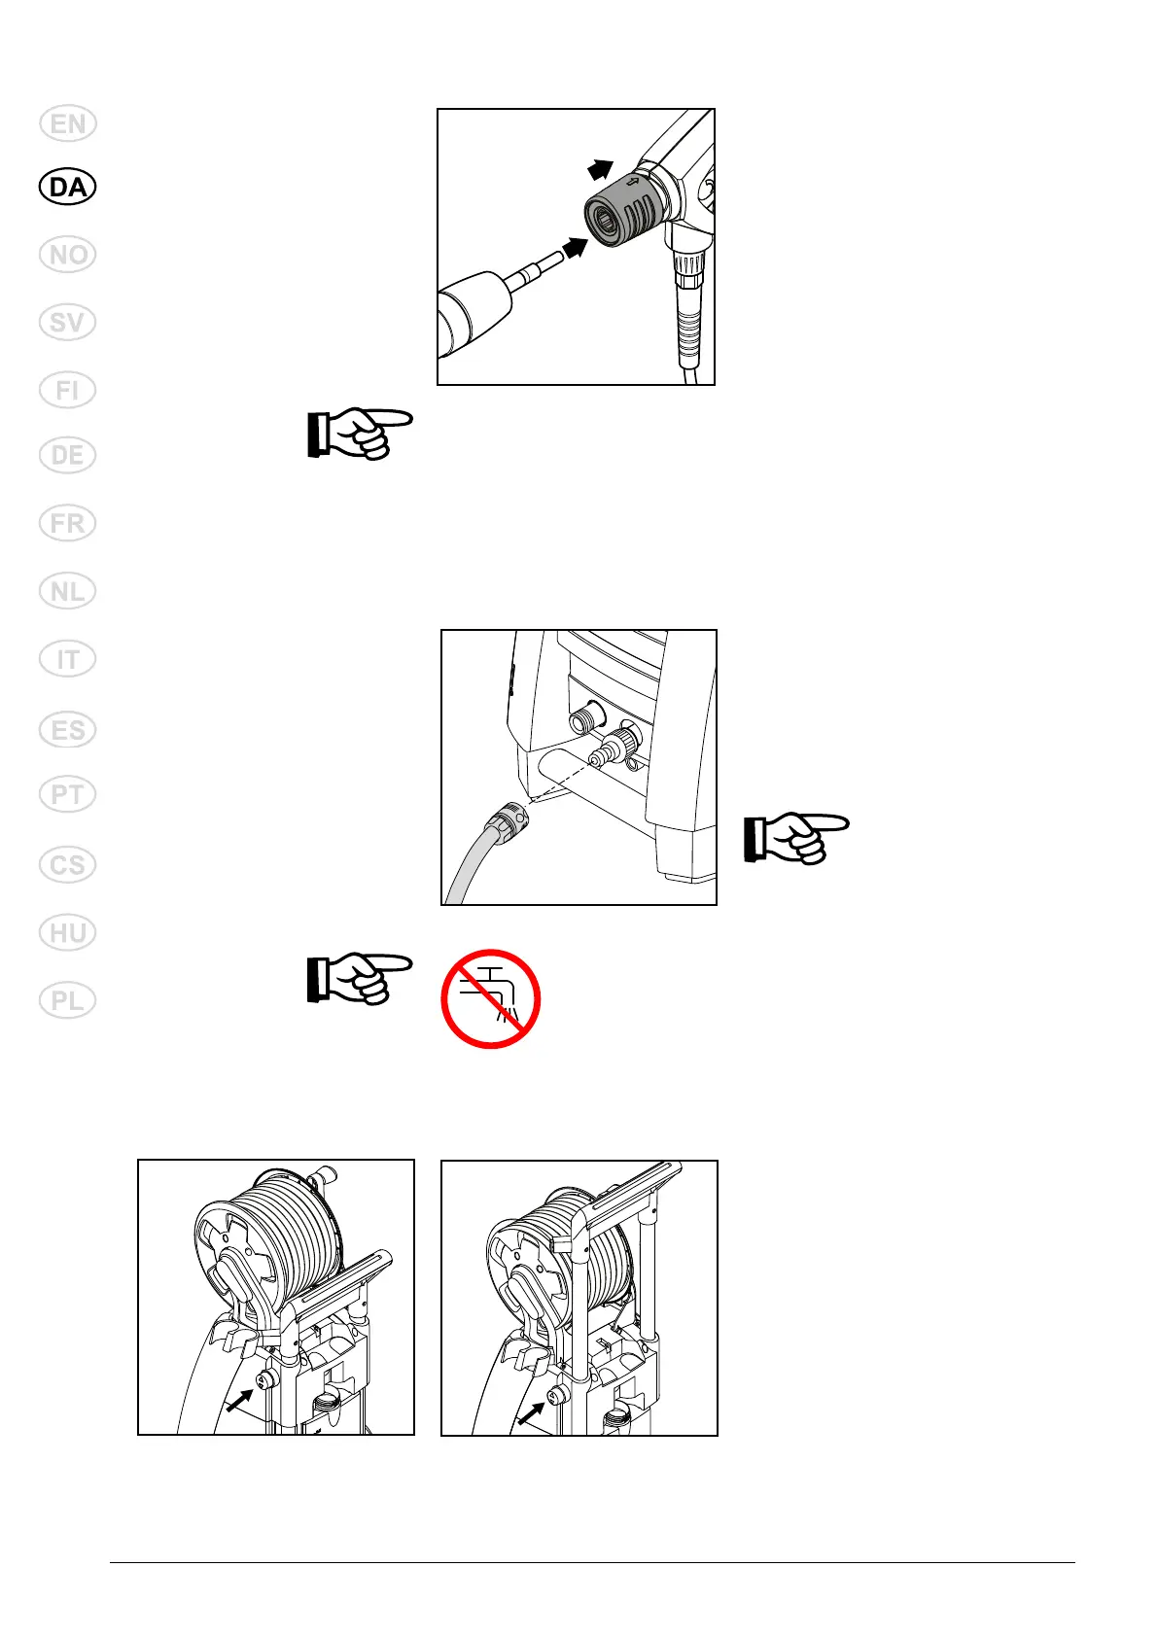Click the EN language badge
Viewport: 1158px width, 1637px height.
point(68,124)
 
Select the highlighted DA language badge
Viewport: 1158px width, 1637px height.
point(68,187)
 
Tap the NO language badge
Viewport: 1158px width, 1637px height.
point(68,255)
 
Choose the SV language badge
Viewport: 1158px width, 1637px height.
point(68,322)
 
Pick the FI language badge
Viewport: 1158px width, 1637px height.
point(68,390)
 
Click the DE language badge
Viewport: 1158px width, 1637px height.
point(68,455)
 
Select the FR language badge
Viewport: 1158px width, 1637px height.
point(68,523)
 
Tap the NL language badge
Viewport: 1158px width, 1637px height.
point(68,591)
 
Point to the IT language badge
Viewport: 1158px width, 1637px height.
point(68,659)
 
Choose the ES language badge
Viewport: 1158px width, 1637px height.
point(68,729)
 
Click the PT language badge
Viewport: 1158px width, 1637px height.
point(68,795)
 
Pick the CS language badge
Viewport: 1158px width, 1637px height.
point(68,864)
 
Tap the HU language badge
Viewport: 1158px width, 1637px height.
point(68,933)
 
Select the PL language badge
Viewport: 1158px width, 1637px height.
point(68,1000)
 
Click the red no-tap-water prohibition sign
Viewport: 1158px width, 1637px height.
point(490,998)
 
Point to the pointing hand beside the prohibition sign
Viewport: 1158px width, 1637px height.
point(359,978)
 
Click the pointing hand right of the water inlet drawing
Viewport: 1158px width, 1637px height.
point(795,838)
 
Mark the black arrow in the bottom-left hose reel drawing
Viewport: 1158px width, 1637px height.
point(239,1399)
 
